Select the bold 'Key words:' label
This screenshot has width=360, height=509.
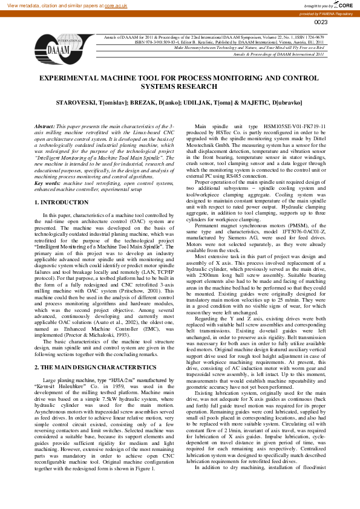click(x=47, y=183)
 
